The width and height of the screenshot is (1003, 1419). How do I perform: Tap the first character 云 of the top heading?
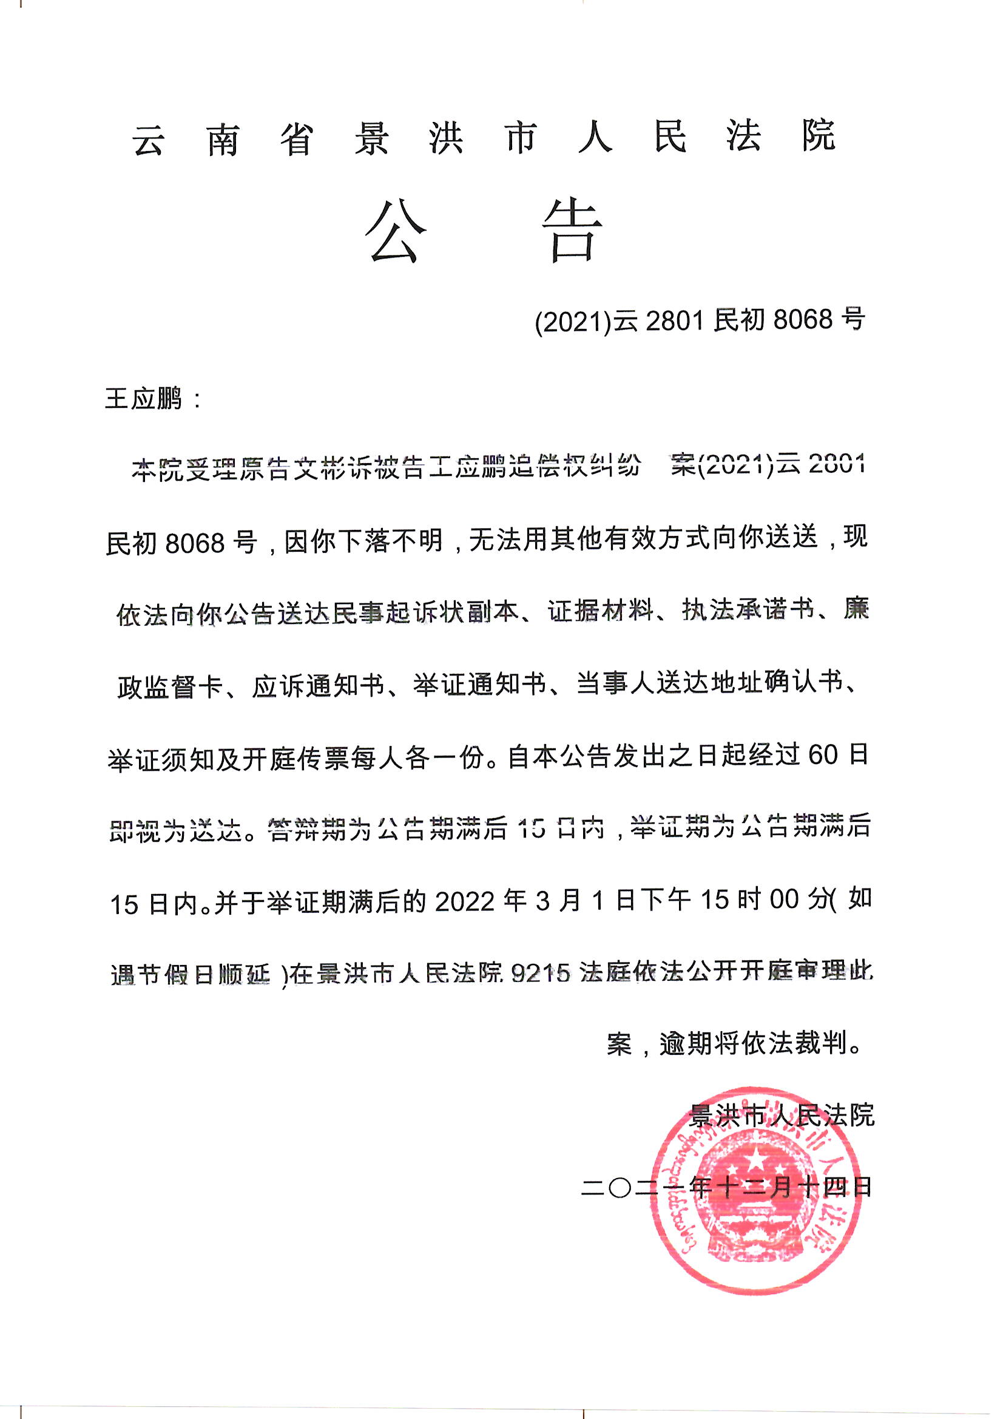click(x=148, y=140)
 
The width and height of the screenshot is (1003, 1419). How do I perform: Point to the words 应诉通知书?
click(x=319, y=685)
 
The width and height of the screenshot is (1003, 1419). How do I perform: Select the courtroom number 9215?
click(x=541, y=974)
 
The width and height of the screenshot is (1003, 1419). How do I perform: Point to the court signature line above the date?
click(x=781, y=1115)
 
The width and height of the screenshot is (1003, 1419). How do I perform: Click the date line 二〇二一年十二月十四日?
click(x=726, y=1187)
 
